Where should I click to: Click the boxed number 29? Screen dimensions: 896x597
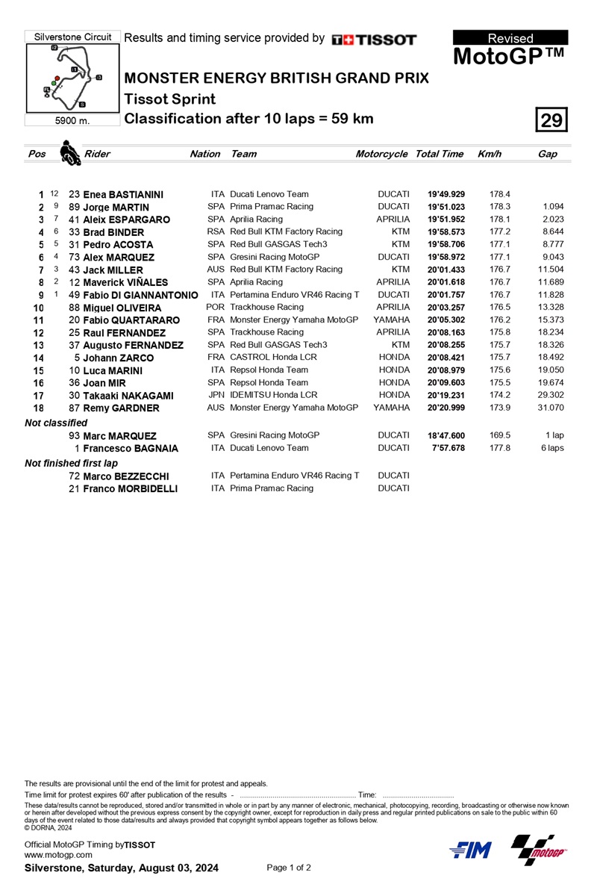(552, 120)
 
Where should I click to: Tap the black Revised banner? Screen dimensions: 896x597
(510, 38)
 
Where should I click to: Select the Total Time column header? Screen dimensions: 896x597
(440, 154)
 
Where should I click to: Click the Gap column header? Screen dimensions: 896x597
(547, 154)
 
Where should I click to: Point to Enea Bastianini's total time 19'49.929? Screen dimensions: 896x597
(446, 195)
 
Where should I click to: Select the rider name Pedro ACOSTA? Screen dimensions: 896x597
(118, 245)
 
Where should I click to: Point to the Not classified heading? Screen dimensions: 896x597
(56, 423)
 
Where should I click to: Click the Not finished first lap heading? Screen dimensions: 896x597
(71, 463)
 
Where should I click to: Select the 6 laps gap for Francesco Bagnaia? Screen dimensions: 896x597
(552, 448)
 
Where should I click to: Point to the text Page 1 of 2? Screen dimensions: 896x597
(289, 868)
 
